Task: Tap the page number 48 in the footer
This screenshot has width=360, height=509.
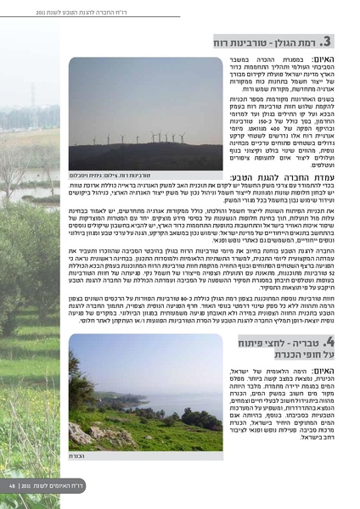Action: point(13,486)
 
